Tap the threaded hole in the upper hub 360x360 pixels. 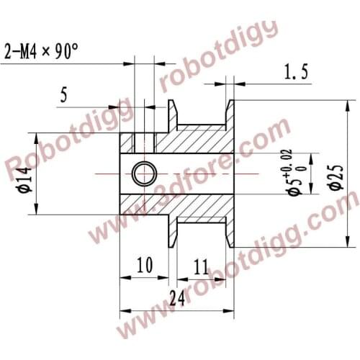pyautogui.click(x=145, y=141)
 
